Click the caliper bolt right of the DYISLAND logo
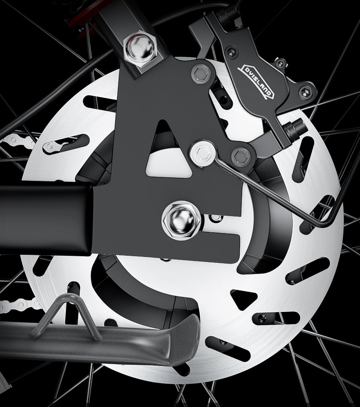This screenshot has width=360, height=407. tap(304, 92)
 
